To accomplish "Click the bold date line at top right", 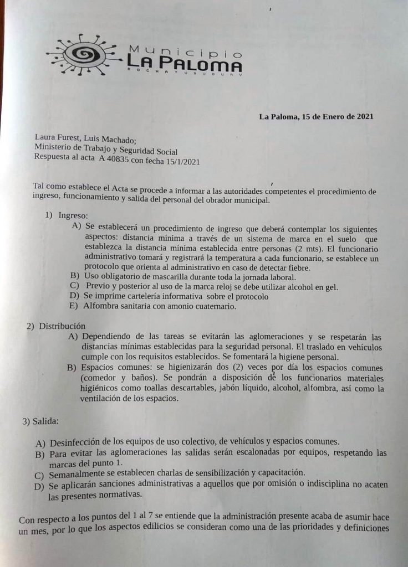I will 315,116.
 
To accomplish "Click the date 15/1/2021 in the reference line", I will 179,162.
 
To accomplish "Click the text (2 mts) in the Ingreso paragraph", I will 305,249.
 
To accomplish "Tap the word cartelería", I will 144,296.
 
